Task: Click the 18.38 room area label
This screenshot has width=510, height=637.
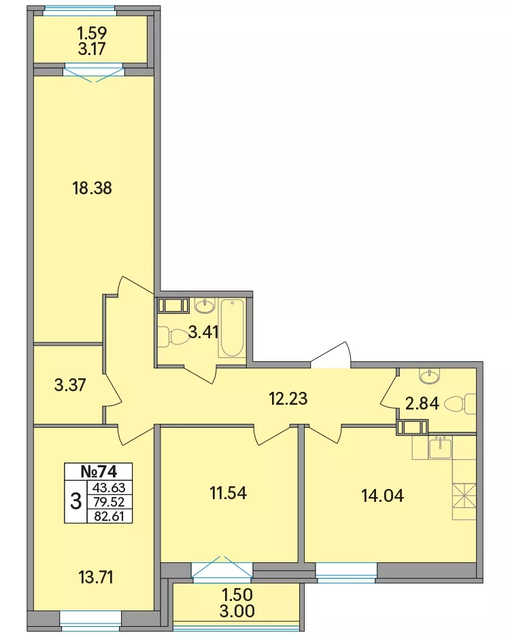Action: tap(92, 188)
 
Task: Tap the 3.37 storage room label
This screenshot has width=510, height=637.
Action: tap(70, 385)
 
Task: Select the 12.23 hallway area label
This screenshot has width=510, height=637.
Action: tap(288, 399)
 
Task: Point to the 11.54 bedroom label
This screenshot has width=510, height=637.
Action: tap(228, 493)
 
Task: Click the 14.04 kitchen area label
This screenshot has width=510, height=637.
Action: tap(383, 496)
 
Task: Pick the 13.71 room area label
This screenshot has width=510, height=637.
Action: tap(96, 577)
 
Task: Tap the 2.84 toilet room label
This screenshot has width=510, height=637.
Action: tap(422, 403)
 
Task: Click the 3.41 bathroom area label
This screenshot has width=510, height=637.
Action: tap(204, 333)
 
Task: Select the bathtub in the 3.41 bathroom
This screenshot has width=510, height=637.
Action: tap(232, 328)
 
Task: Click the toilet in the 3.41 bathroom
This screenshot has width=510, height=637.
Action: tap(173, 337)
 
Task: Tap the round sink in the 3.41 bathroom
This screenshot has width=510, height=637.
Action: tap(205, 306)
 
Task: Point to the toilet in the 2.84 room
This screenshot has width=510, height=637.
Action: tap(460, 404)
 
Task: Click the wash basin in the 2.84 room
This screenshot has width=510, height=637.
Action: tap(428, 376)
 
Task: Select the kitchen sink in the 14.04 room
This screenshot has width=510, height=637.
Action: tap(440, 448)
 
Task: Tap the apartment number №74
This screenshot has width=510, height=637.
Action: tap(99, 471)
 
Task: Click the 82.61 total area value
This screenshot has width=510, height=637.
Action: tap(109, 516)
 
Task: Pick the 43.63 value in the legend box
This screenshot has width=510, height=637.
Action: tap(109, 487)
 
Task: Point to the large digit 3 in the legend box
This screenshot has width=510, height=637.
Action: tap(75, 502)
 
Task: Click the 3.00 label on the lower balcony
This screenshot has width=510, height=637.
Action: tap(237, 611)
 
